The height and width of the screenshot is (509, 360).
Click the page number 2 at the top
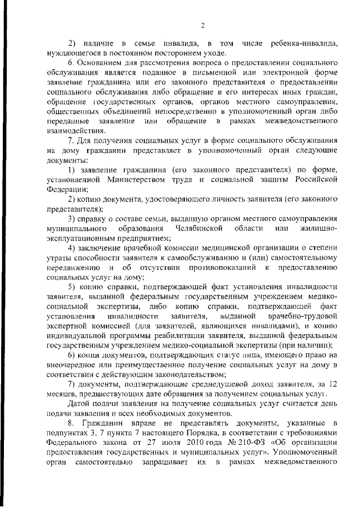tap(186, 25)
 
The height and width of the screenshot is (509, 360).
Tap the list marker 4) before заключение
tap(73, 248)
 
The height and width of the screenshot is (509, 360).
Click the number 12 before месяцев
tap(332, 384)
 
